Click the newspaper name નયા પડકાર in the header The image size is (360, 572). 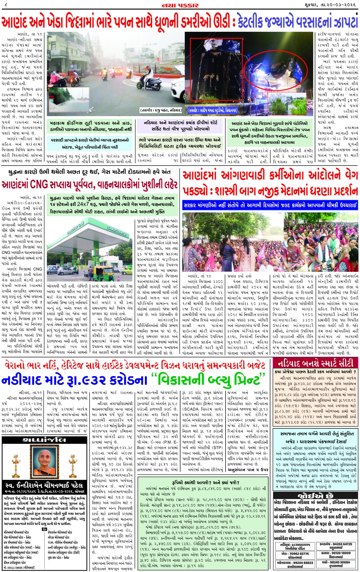[180, 5]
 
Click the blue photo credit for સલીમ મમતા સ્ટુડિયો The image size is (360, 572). [212, 110]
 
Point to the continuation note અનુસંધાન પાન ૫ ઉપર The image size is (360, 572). [248, 469]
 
